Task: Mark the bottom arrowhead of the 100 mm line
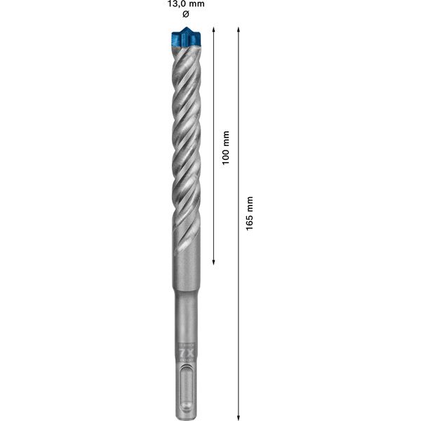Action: pyautogui.click(x=213, y=263)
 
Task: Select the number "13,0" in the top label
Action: pyautogui.click(x=179, y=5)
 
